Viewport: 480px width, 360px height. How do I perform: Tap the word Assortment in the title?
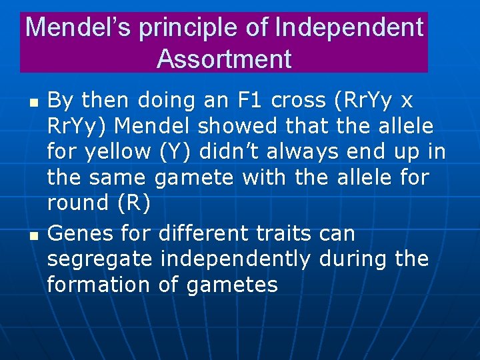(x=224, y=59)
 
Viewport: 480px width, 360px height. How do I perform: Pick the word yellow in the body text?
(x=117, y=152)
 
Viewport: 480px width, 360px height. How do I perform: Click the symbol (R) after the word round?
(x=135, y=203)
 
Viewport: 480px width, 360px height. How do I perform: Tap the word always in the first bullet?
(x=301, y=152)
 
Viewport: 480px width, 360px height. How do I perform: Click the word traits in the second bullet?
(x=279, y=234)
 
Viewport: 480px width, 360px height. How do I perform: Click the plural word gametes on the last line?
(x=231, y=285)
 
